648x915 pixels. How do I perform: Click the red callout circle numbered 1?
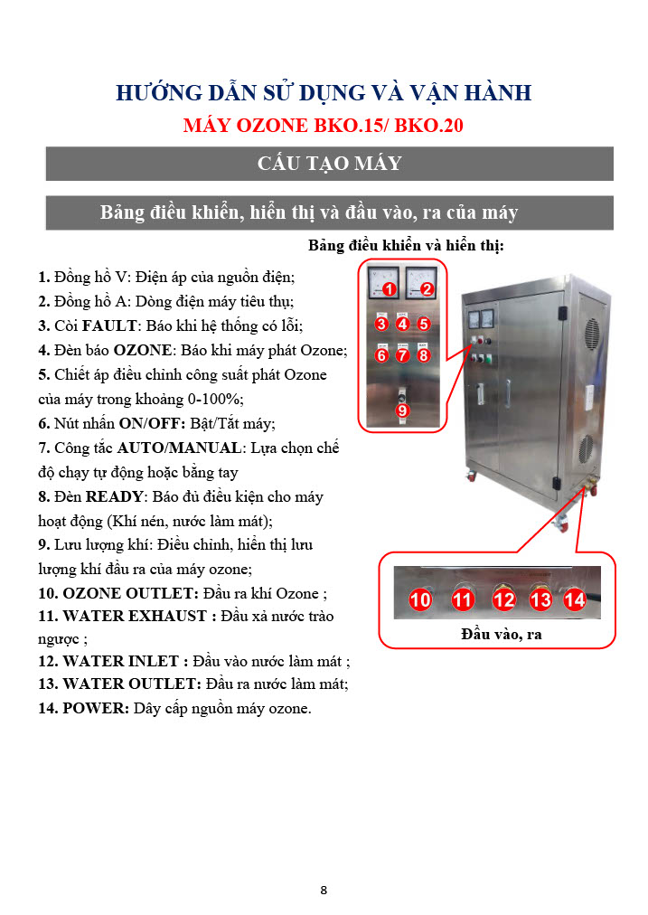(x=390, y=288)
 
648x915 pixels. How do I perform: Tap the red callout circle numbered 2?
(x=427, y=288)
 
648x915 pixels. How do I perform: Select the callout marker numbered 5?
(x=424, y=324)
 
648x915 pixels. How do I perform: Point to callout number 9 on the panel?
(x=402, y=410)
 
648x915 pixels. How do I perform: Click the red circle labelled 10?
(x=420, y=599)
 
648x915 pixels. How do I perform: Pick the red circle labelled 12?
(x=504, y=599)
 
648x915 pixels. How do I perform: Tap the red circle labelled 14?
(x=575, y=599)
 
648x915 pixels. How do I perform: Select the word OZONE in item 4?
(x=142, y=350)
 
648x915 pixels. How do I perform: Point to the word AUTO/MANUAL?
(x=179, y=448)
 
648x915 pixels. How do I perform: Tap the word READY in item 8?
(x=114, y=496)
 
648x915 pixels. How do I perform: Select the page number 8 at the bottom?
(x=324, y=890)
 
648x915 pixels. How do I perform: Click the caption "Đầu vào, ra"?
(x=502, y=635)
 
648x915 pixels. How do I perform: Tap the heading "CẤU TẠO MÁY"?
(x=330, y=163)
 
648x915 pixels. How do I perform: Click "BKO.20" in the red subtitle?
(x=428, y=126)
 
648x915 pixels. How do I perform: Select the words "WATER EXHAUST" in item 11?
(x=135, y=617)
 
